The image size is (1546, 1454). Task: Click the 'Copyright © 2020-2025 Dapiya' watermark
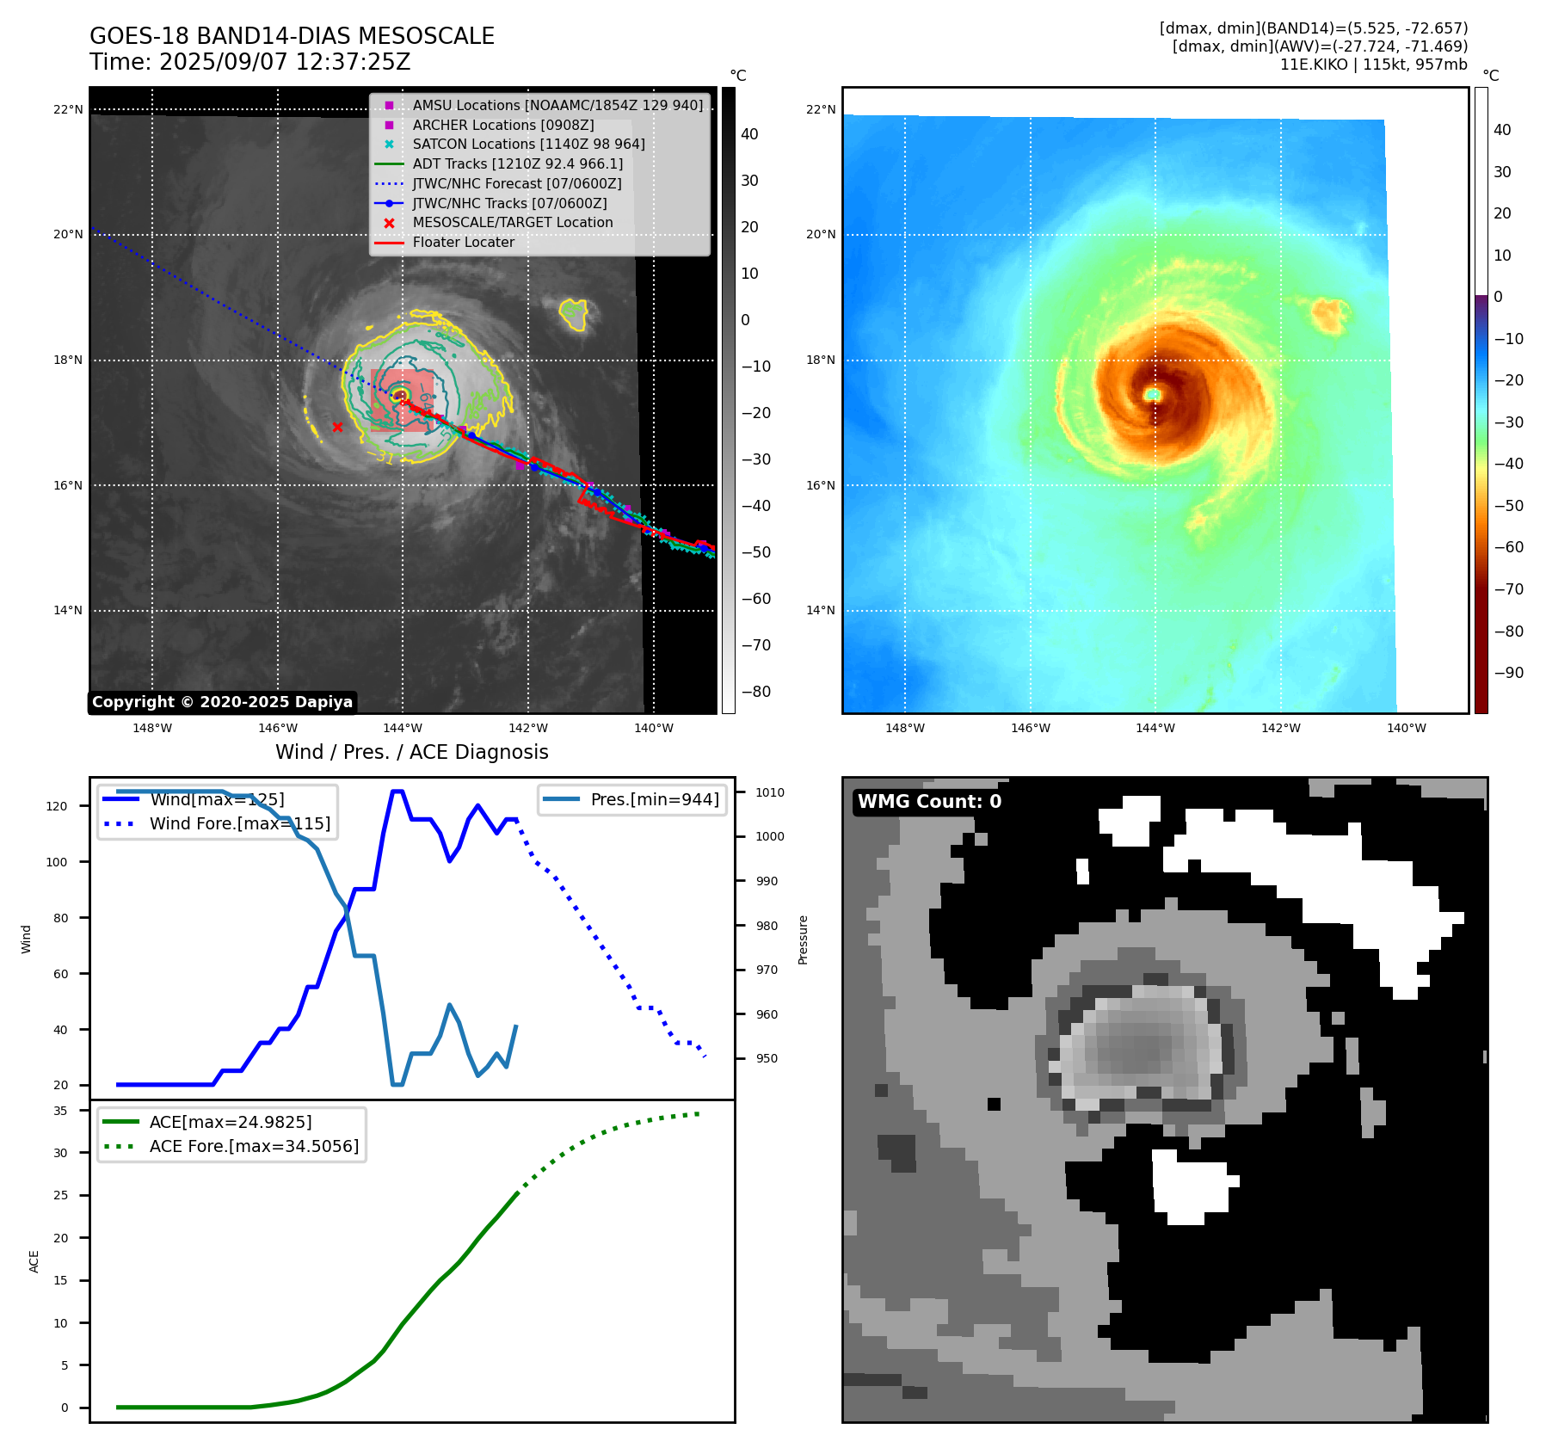[x=222, y=702]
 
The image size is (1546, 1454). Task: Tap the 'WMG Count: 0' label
[x=929, y=802]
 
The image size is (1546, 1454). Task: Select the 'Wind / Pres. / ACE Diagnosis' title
[x=411, y=752]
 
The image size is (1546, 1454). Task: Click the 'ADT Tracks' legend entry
[x=517, y=163]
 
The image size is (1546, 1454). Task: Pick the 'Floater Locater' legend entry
[x=463, y=242]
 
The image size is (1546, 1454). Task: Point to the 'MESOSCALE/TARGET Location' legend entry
[x=512, y=222]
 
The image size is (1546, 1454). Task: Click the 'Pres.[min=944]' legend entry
[x=654, y=799]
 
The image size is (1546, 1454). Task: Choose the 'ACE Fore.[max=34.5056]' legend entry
[x=254, y=1146]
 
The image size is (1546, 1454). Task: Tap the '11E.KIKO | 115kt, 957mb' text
[x=1373, y=65]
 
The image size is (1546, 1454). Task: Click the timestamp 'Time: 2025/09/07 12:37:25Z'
[x=249, y=63]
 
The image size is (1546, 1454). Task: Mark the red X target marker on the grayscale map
[x=337, y=427]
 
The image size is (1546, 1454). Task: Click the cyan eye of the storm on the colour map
[x=1153, y=394]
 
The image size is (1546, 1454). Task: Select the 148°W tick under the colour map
[x=904, y=728]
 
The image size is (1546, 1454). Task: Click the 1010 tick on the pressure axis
[x=770, y=792]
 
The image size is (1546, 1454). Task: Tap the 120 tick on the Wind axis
[x=57, y=806]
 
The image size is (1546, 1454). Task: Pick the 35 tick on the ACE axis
[x=60, y=1111]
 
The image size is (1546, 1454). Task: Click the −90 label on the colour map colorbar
[x=1508, y=673]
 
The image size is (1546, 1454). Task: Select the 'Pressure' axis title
[x=804, y=940]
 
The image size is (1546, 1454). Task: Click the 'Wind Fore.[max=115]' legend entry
[x=239, y=823]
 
